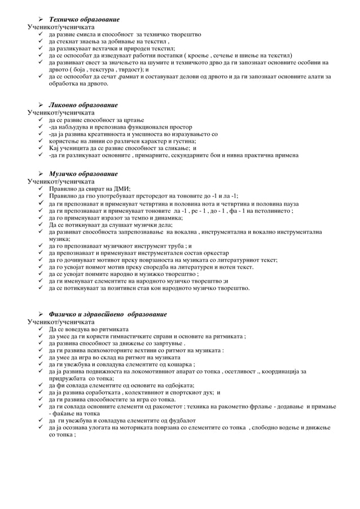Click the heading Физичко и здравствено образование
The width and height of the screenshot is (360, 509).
(x=108, y=314)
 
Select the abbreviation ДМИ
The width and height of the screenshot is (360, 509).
(x=121, y=189)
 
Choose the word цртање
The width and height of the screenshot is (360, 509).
(x=132, y=120)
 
